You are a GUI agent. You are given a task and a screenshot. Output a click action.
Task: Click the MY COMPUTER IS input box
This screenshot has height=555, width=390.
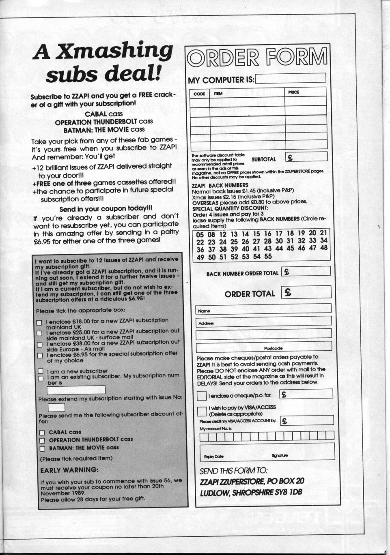[x=291, y=78]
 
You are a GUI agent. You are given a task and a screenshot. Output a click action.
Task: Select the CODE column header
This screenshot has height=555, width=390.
[x=199, y=93]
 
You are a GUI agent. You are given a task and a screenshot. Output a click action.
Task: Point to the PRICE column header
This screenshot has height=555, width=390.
[x=293, y=92]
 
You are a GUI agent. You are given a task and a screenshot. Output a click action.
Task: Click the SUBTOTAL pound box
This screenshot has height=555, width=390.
[x=306, y=157]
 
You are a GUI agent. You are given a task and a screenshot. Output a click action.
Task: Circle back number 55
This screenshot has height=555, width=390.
[x=267, y=256]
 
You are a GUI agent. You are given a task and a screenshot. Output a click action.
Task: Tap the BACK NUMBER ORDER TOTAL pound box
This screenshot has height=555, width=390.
[x=306, y=271]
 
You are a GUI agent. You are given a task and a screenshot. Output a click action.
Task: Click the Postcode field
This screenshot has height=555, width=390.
[x=264, y=347]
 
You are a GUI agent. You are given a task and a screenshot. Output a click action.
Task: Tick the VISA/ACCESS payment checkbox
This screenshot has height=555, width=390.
[x=201, y=411]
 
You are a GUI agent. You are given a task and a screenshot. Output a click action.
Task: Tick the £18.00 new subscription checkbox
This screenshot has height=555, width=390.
[x=39, y=323]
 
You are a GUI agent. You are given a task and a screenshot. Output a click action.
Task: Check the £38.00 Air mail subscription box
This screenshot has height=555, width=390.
[x=40, y=345]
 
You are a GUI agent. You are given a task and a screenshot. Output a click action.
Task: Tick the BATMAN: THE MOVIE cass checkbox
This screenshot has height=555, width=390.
[x=41, y=448]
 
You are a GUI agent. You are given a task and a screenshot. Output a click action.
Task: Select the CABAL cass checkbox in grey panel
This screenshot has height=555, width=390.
[x=41, y=432]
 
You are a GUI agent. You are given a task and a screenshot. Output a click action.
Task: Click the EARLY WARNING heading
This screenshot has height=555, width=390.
[x=69, y=470]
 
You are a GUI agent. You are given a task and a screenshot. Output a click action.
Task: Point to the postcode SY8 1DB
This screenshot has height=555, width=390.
[x=286, y=493]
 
